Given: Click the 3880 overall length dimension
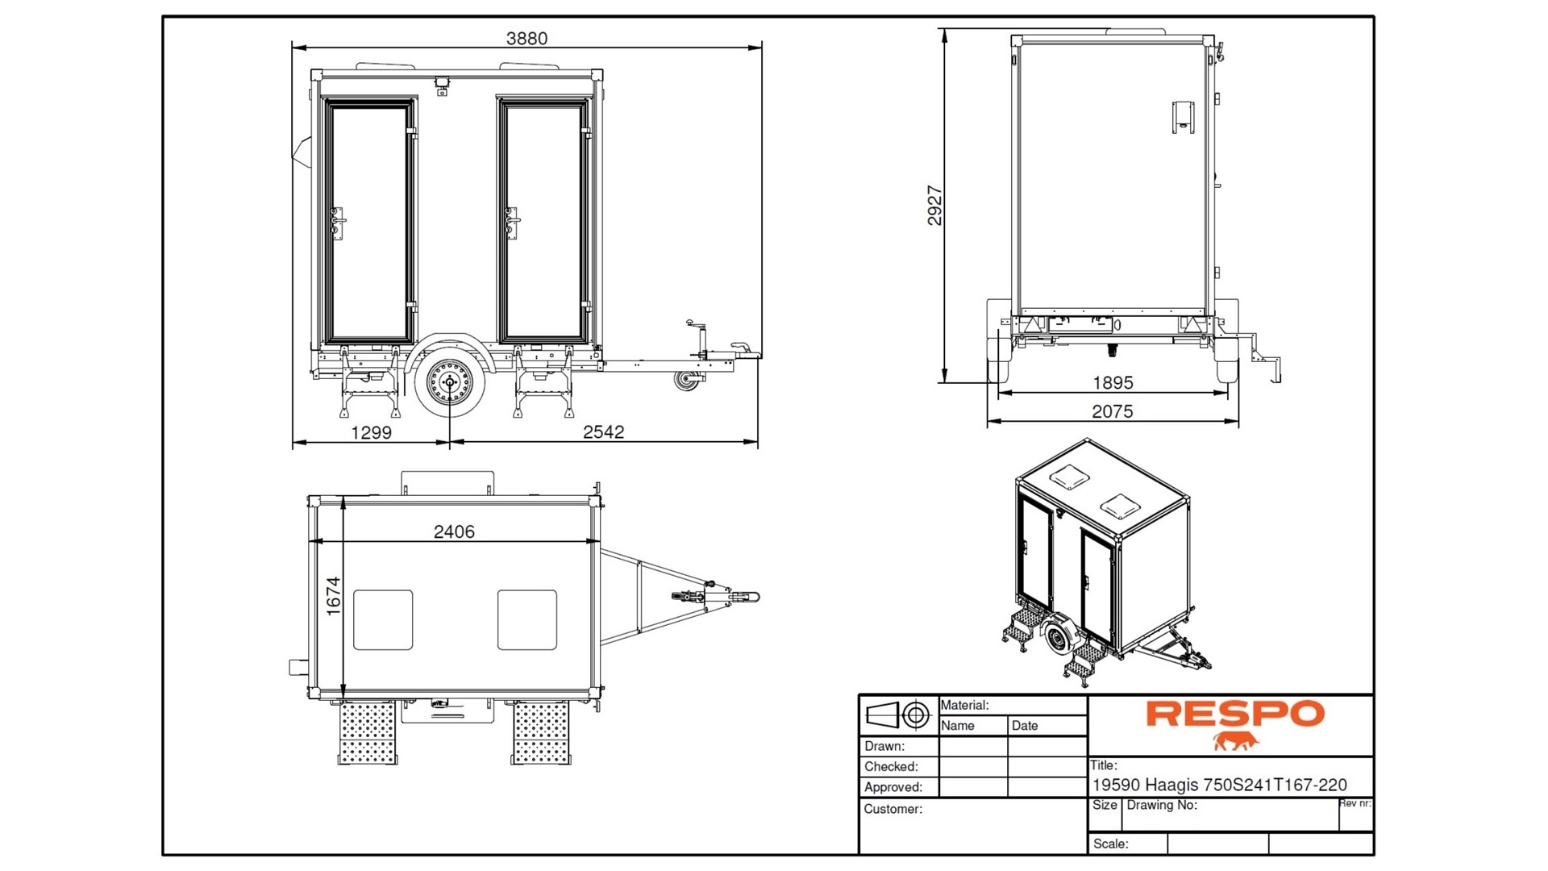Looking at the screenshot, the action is tap(526, 38).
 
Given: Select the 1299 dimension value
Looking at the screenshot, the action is tap(371, 432).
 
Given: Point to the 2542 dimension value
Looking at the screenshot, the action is tap(603, 431).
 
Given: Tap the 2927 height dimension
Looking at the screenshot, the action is tap(934, 205).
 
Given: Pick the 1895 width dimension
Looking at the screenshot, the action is tap(1113, 383).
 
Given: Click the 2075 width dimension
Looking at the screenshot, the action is tap(1113, 411).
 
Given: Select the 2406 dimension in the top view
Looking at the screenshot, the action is tap(454, 531).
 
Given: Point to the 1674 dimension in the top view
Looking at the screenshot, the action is tap(333, 597).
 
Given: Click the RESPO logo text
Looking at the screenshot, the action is tap(1235, 713).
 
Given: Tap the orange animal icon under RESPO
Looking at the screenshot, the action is tap(1235, 741).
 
